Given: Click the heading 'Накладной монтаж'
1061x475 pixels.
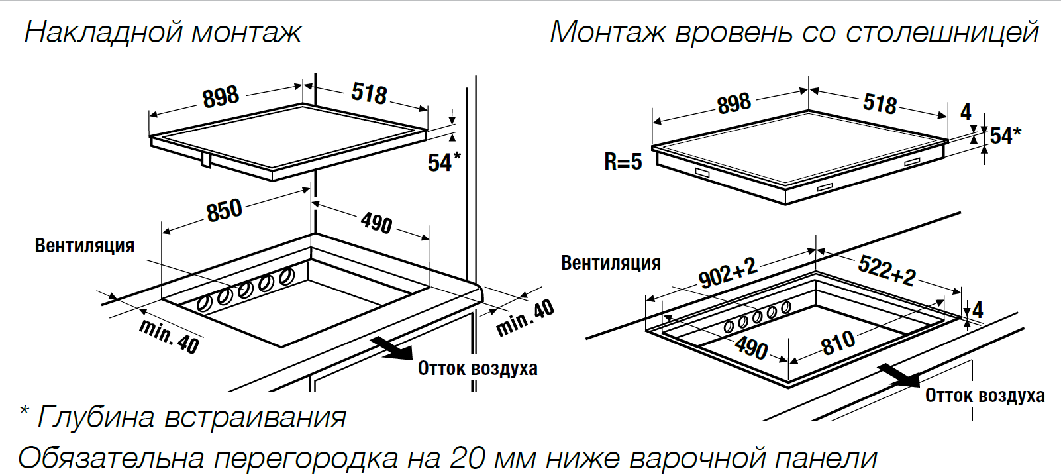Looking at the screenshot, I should point(163,32).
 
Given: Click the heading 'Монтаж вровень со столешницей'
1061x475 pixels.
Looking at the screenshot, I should point(794,32).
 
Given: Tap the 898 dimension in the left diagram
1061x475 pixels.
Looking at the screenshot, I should point(221,97).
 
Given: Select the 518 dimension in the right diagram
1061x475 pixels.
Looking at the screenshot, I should point(880,103).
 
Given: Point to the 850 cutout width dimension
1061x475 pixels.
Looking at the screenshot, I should point(224,211).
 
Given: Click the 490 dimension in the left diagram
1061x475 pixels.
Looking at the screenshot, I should point(376,223).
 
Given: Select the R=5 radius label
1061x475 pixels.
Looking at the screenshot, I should point(623,162).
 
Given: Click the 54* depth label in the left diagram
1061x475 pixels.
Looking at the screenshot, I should point(443,162).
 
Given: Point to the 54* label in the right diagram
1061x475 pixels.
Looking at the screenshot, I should point(1005,136).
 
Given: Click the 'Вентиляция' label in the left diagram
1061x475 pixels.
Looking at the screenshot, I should point(84,246).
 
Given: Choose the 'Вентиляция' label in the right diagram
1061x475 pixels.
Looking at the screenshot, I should point(611,263).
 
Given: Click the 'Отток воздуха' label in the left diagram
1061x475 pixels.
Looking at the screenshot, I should point(478,368).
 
